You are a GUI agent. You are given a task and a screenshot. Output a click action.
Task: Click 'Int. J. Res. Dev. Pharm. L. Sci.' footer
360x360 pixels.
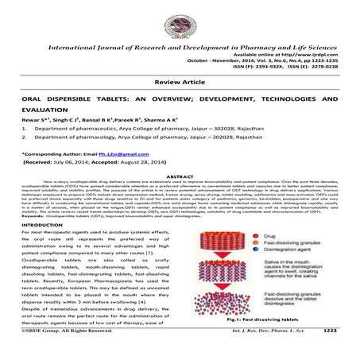[270, 354]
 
